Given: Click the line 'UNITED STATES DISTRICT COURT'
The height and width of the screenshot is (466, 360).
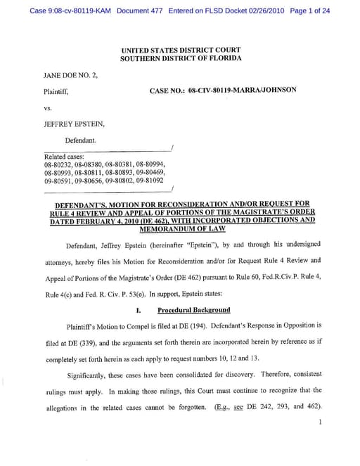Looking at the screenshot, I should (x=181, y=51).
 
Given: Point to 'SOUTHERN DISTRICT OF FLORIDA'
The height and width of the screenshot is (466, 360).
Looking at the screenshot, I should (x=181, y=58).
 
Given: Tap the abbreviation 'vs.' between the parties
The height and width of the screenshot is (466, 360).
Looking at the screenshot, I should (x=49, y=108).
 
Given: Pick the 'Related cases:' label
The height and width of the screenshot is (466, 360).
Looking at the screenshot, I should (x=65, y=156).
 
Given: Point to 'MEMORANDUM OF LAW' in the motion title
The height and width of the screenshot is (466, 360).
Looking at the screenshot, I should (x=180, y=229).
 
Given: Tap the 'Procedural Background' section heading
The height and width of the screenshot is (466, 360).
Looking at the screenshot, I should (x=193, y=310).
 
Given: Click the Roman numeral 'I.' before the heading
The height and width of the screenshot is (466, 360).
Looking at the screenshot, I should (x=139, y=310).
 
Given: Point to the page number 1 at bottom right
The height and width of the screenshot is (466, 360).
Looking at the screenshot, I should (x=319, y=422).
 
